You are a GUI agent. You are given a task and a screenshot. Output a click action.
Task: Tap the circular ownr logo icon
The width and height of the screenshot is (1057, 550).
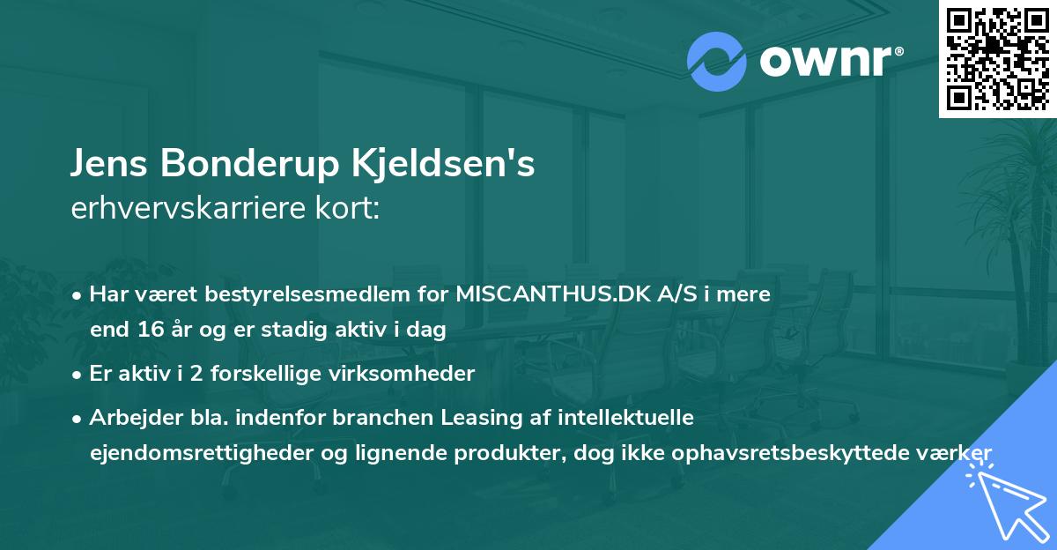(x=717, y=61)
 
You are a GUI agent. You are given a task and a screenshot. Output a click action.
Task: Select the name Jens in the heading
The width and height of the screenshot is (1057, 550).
(x=110, y=165)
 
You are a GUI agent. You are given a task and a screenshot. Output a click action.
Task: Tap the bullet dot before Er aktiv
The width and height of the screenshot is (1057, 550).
(x=78, y=374)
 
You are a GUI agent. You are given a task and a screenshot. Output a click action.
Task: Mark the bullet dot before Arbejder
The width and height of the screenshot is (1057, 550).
(x=78, y=417)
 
